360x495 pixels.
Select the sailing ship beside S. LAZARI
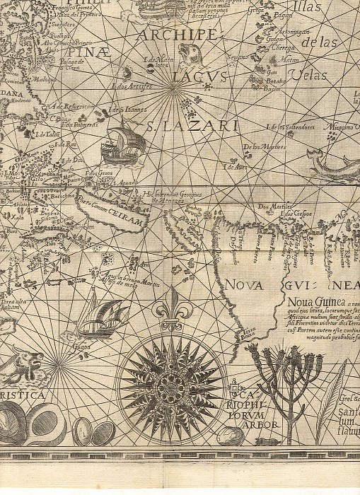(x=122, y=142)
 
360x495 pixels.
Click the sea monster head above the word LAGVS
(x=187, y=54)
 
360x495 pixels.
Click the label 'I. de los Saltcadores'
(x=289, y=127)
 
